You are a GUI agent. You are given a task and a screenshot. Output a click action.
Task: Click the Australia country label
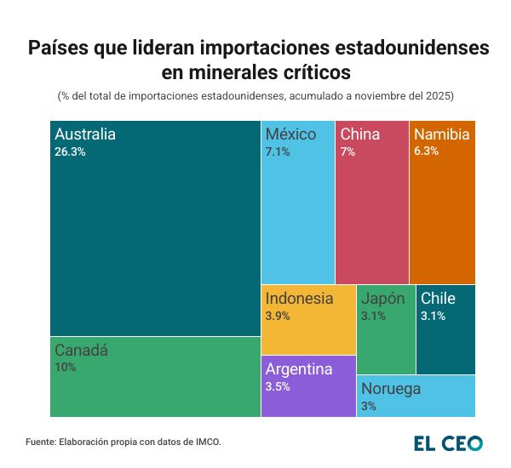pyautogui.click(x=84, y=134)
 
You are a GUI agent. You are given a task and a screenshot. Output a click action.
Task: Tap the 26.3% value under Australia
pyautogui.click(x=70, y=152)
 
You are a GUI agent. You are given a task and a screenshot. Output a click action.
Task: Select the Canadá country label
pyautogui.click(x=81, y=350)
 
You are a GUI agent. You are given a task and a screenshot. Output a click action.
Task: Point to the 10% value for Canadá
pyautogui.click(x=65, y=368)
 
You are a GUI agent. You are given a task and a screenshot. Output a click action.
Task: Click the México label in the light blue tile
pyautogui.click(x=290, y=134)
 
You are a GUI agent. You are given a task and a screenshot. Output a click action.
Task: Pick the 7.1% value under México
pyautogui.click(x=278, y=152)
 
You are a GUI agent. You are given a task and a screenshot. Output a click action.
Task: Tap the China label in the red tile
pyautogui.click(x=360, y=134)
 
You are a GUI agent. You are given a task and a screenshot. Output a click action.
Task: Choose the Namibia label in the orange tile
pyautogui.click(x=443, y=134)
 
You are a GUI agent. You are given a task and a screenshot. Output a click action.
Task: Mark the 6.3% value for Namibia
pyautogui.click(x=426, y=152)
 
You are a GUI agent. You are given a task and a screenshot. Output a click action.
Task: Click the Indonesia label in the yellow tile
pyautogui.click(x=299, y=299)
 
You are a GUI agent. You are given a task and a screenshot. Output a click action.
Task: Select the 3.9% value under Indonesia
pyautogui.click(x=278, y=317)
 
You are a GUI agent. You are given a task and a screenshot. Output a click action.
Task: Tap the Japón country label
pyautogui.click(x=383, y=299)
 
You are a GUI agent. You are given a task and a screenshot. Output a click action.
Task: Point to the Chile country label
pyautogui.click(x=438, y=299)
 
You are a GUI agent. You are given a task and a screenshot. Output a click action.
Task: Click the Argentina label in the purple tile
pyautogui.click(x=298, y=369)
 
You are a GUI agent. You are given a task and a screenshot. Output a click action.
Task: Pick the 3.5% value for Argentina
pyautogui.click(x=278, y=387)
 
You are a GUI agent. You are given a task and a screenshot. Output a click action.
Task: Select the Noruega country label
pyautogui.click(x=391, y=389)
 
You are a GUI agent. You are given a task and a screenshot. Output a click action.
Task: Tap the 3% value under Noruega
pyautogui.click(x=369, y=407)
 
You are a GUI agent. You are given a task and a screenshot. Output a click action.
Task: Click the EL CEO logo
pyautogui.click(x=448, y=443)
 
